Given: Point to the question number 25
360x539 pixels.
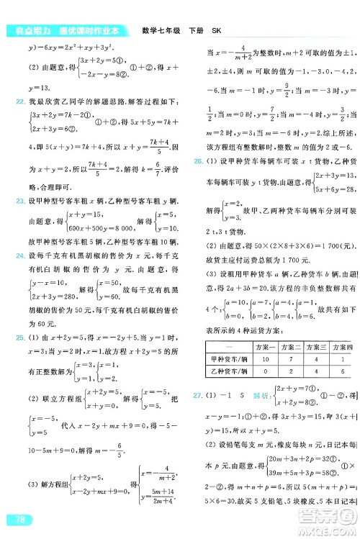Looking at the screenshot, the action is point(9,338).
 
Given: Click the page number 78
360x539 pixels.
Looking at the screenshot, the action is point(14,520).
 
